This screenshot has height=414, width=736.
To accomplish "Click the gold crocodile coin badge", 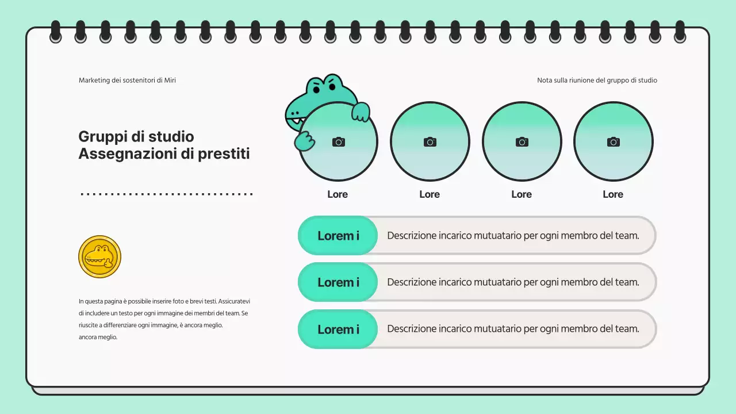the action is point(99,256).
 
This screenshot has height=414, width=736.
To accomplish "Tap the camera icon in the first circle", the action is point(339,141).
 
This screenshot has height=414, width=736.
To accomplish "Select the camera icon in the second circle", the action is point(430,141).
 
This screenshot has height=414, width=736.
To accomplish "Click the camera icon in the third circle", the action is point(522,141).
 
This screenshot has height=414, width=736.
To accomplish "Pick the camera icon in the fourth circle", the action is point(614,141).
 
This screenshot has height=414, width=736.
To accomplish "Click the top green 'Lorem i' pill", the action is point(338,236).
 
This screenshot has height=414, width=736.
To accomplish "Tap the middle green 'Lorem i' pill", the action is point(338,282).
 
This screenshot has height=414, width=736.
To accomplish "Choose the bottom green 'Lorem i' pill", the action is point(338,329).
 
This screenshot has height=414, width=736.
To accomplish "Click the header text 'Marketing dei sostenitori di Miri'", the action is point(127,80).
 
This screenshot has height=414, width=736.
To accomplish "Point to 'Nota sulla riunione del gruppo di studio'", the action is point(597,80).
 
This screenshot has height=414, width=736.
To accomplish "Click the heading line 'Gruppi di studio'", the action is point(136,137).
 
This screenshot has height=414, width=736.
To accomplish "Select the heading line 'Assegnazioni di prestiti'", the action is point(164,154).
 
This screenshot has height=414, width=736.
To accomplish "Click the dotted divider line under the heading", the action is point(167,194).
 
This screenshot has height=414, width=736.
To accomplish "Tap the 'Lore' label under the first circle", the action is point(338,194).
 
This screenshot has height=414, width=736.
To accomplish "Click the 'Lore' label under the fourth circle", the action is point(613,194).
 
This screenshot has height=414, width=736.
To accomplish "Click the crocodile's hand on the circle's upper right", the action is point(361,112).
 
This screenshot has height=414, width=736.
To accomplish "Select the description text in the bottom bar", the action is point(513,329).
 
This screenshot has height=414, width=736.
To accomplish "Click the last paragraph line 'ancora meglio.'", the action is point(98,338).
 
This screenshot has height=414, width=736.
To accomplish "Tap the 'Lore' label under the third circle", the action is point(522,194).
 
